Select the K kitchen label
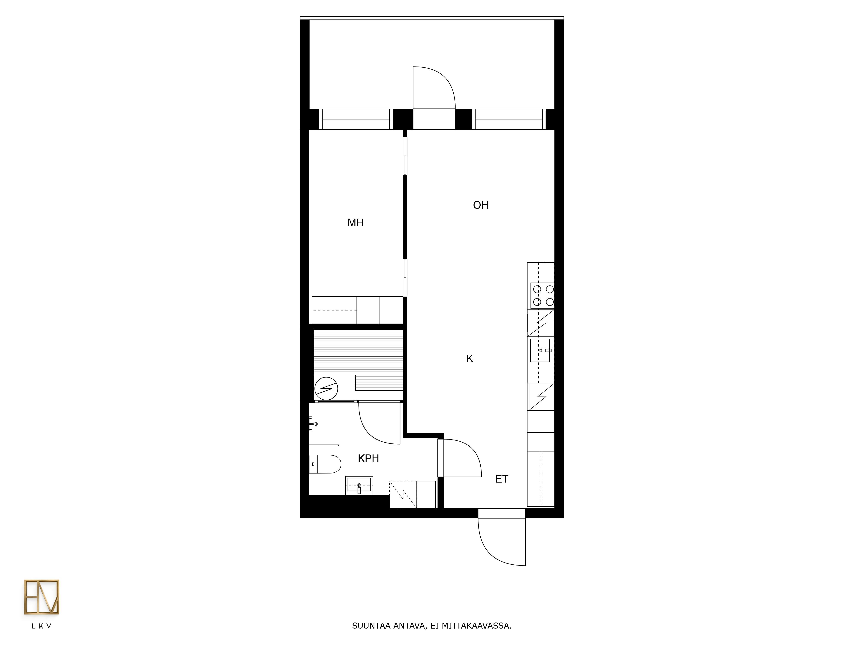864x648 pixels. tap(470, 359)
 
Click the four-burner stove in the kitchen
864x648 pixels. tap(542, 295)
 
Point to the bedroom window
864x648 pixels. tap(356, 119)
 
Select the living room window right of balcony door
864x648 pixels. tap(509, 119)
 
